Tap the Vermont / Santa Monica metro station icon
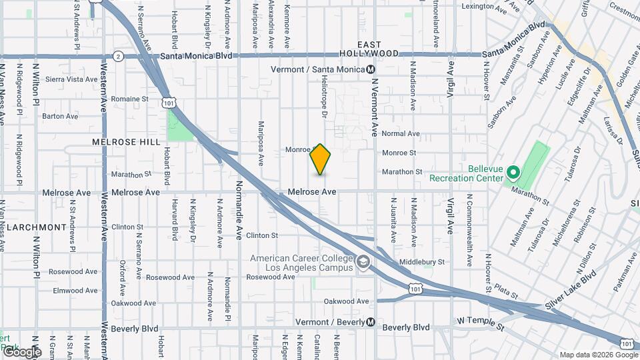point(371,69)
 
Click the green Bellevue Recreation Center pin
point(513,173)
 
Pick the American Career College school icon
point(362,263)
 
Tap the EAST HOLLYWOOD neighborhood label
point(369,48)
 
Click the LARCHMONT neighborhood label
point(33,227)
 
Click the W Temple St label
point(482,321)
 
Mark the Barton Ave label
point(61,116)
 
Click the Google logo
point(23,351)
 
